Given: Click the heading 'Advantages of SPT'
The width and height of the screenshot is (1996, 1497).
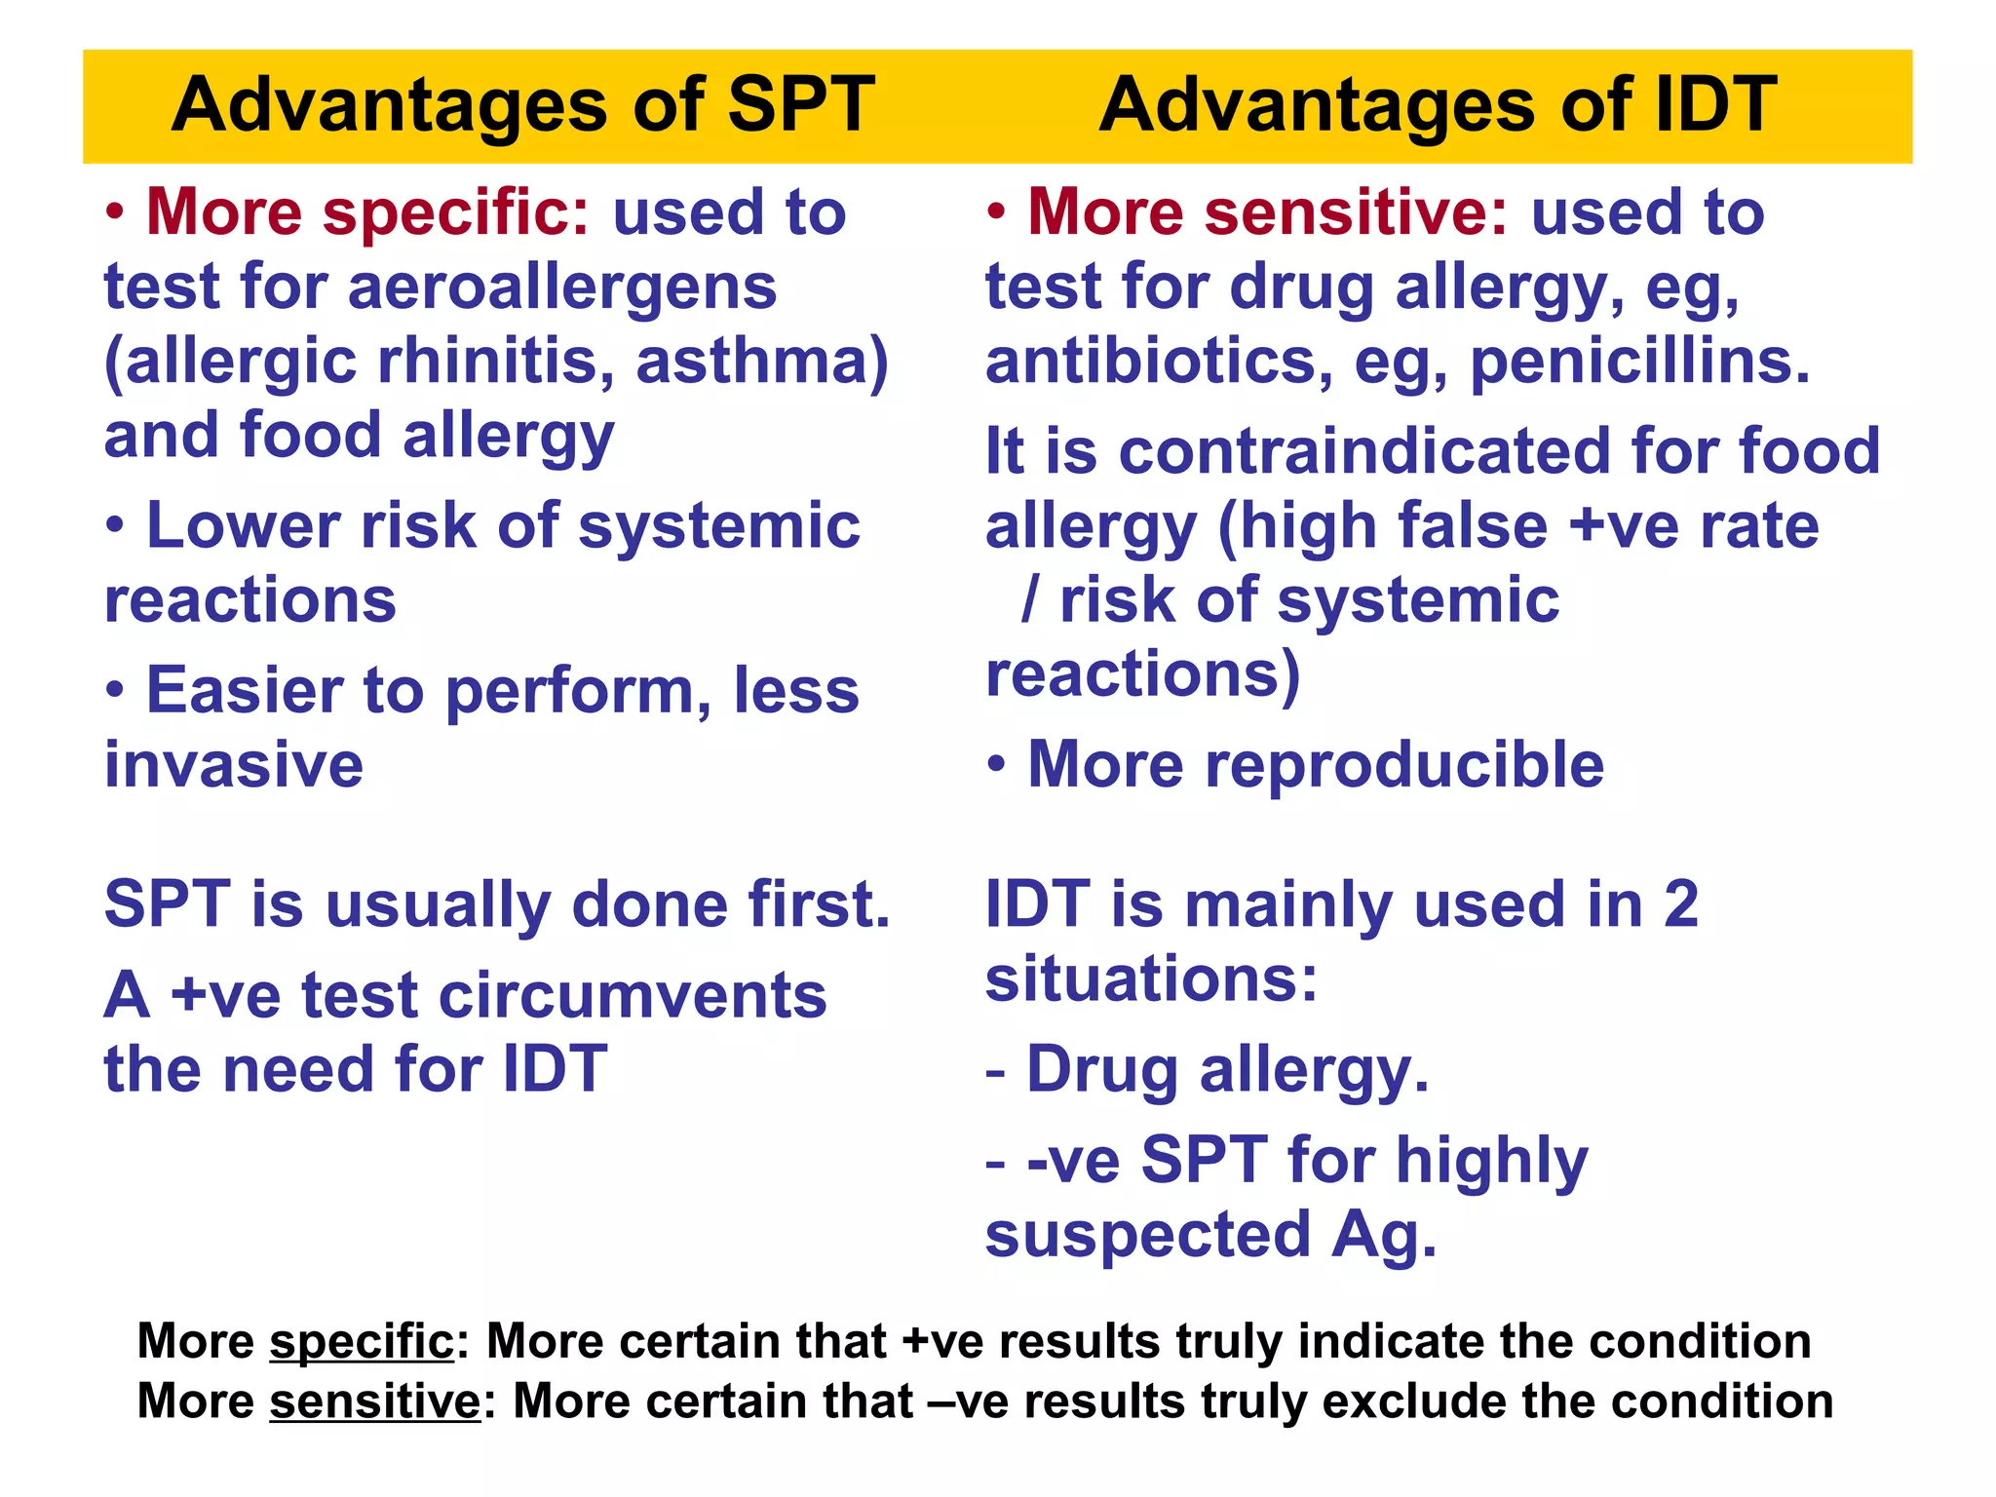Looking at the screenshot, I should click(x=522, y=105).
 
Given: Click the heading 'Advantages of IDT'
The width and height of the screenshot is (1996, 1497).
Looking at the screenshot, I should click(x=1438, y=105).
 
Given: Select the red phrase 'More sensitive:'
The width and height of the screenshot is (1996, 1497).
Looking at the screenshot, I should click(x=1268, y=212).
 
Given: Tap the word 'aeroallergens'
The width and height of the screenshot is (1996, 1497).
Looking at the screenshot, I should click(x=562, y=288).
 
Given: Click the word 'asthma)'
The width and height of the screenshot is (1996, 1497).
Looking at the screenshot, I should click(x=762, y=362).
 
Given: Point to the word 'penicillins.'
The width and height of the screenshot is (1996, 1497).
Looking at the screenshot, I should click(x=1640, y=362).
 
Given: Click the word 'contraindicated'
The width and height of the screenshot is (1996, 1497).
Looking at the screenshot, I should click(x=1364, y=452).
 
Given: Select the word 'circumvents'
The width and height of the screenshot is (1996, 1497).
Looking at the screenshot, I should click(x=633, y=997).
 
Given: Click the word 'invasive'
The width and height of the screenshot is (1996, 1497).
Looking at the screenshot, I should click(x=234, y=765).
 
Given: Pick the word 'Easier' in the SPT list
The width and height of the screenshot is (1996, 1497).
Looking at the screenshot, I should click(x=244, y=691).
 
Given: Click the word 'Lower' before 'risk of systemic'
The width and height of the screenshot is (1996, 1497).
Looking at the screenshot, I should click(x=244, y=527).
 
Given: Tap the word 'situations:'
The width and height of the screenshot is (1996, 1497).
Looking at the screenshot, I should click(x=1151, y=979).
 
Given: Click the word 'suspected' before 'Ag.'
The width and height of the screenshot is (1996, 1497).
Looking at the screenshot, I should click(x=1148, y=1235).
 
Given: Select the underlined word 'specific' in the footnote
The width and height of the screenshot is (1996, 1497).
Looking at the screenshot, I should click(x=362, y=1342).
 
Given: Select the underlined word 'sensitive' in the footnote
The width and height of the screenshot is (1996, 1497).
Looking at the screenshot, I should click(x=375, y=1402).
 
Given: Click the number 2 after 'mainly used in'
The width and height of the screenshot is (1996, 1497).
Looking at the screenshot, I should click(x=1681, y=905).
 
